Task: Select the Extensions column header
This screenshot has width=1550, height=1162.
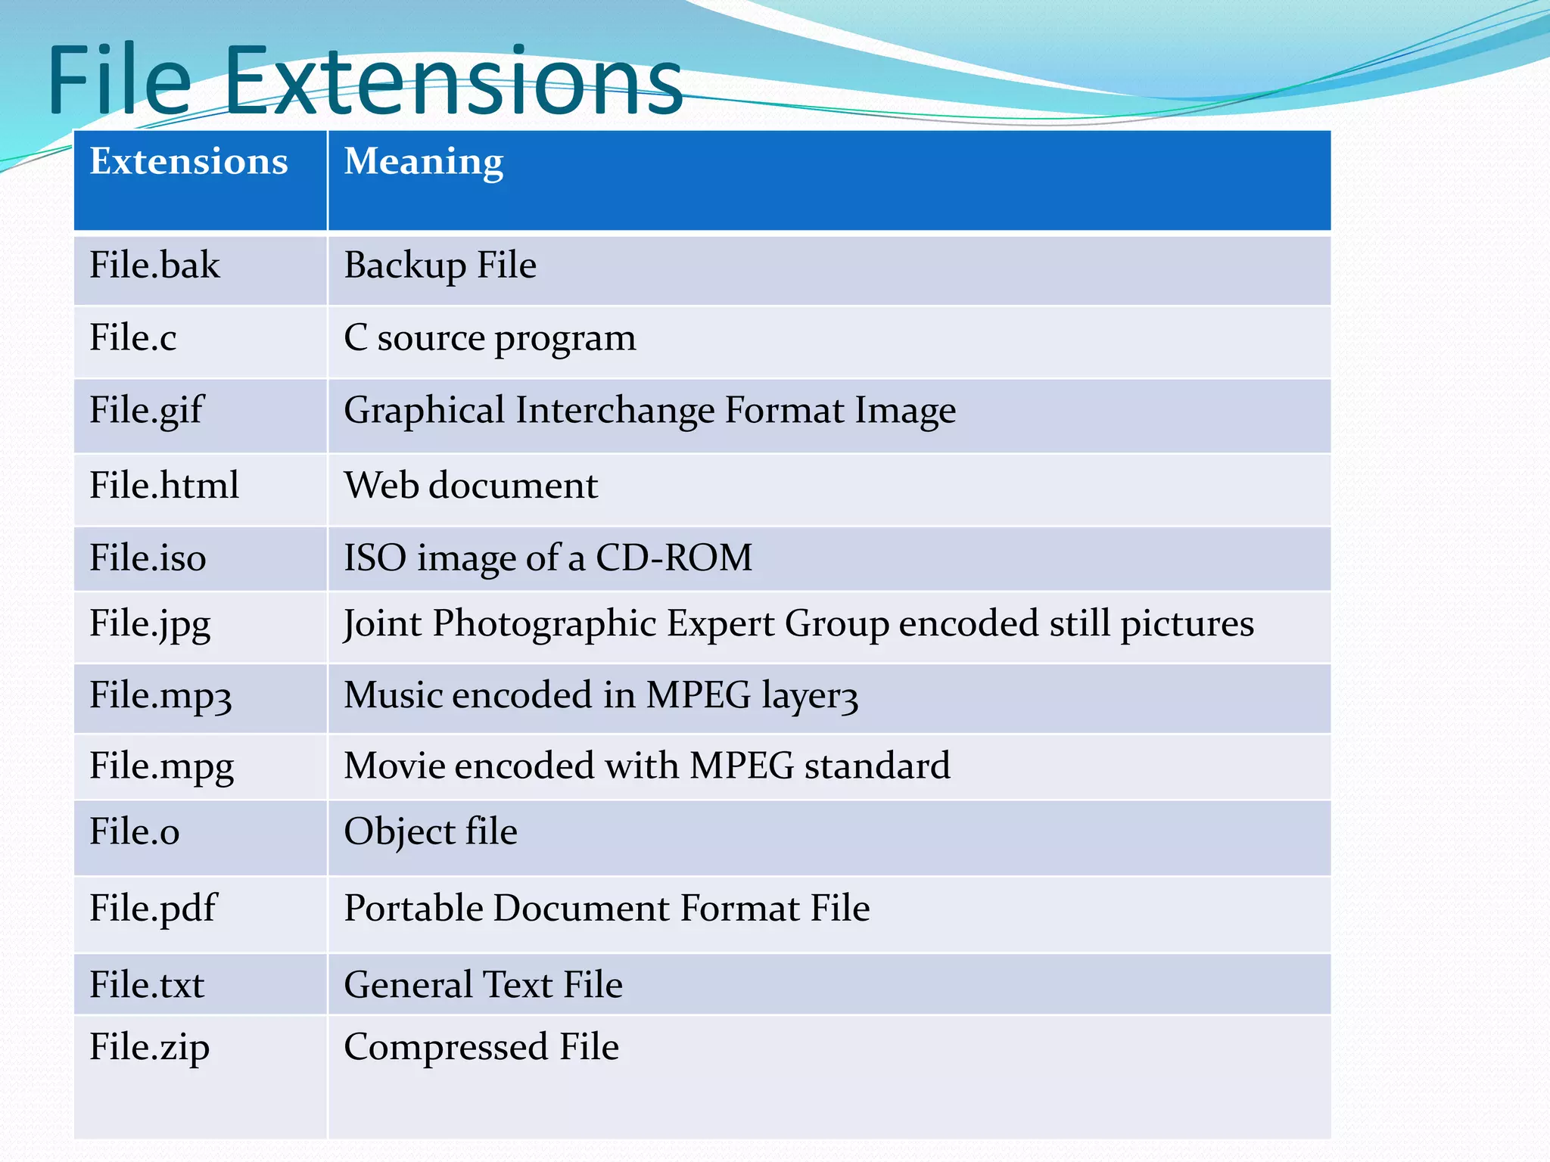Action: click(x=188, y=162)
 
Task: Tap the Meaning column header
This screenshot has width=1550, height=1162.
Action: click(x=423, y=162)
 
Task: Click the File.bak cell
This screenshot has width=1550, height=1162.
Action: click(x=154, y=266)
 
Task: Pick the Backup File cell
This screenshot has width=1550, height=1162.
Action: click(x=440, y=266)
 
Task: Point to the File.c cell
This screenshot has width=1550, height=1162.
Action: click(x=132, y=337)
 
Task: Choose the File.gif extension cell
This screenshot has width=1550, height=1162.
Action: click(x=146, y=411)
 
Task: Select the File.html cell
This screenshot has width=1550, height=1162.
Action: click(x=163, y=485)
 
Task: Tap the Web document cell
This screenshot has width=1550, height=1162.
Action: click(x=470, y=485)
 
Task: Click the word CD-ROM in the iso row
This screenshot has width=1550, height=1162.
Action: click(x=674, y=558)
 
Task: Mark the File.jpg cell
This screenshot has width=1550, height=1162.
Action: click(x=150, y=624)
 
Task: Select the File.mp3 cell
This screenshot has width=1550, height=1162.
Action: click(x=160, y=695)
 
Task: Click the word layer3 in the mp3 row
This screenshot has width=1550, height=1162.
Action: click(x=809, y=695)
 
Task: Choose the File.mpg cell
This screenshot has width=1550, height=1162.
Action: click(x=161, y=766)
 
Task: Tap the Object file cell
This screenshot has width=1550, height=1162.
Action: click(x=430, y=832)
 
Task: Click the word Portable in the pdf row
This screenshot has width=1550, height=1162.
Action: click(x=413, y=908)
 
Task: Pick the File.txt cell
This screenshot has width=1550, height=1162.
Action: click(x=147, y=985)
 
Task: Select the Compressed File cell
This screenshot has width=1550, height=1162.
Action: click(x=481, y=1047)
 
